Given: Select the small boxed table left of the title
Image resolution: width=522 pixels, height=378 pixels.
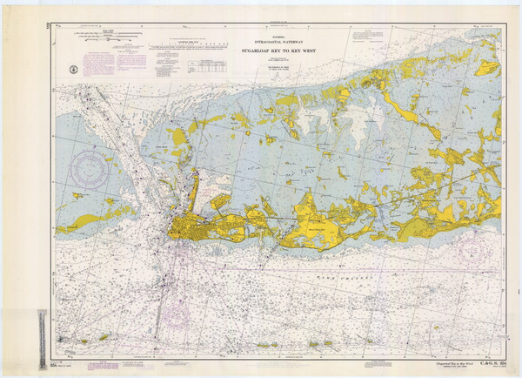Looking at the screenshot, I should (x=208, y=65).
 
